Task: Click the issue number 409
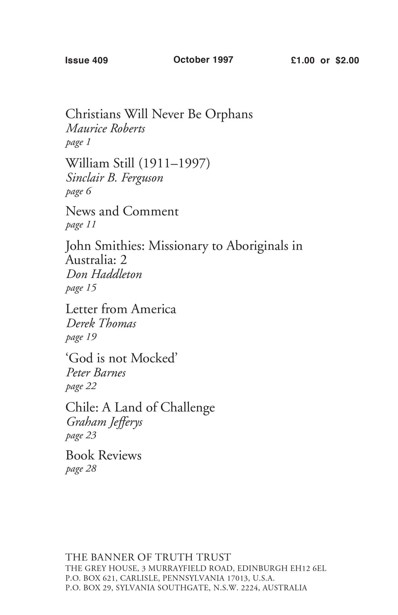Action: (x=100, y=60)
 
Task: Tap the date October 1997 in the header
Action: (x=203, y=60)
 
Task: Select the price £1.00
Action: (x=303, y=60)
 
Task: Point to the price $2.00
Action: (x=347, y=60)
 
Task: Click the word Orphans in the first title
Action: (x=229, y=114)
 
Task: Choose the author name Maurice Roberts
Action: (x=105, y=129)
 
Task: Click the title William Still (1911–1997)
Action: (x=137, y=163)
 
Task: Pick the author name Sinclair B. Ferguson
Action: (x=114, y=178)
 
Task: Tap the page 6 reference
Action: (x=78, y=192)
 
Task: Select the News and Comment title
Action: (x=122, y=211)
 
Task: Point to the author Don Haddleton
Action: (x=104, y=274)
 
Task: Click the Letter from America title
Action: (x=121, y=309)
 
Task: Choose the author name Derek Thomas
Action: (x=101, y=323)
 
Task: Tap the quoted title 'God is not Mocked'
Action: (x=122, y=358)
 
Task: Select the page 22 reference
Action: (x=81, y=386)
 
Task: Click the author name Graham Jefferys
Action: (x=104, y=422)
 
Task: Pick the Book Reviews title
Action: (x=103, y=455)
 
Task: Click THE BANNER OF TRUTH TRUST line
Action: (x=148, y=557)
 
